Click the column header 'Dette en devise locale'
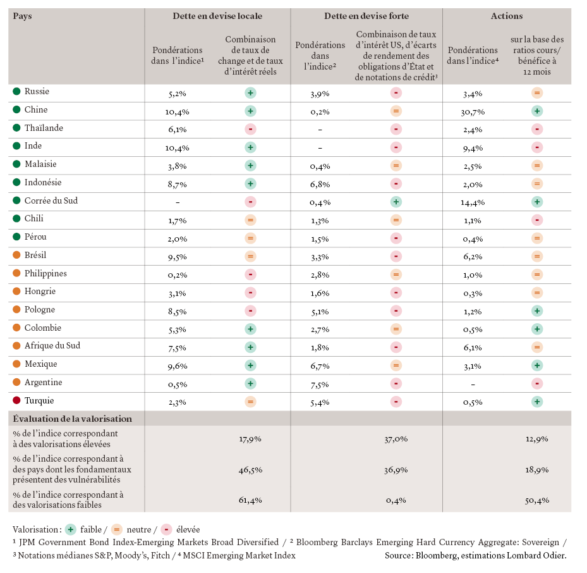217,16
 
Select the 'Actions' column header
507,16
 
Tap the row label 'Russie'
37,92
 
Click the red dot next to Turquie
16,401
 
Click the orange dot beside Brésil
16,256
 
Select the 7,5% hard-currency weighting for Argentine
320,383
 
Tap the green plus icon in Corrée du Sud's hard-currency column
396,202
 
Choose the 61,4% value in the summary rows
250,500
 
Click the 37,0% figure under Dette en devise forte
396,438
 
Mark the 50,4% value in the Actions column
537,500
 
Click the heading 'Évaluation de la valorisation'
72,419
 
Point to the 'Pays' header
22,16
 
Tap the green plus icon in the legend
71,529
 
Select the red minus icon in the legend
166,529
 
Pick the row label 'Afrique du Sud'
52,346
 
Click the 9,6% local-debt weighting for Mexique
178,365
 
